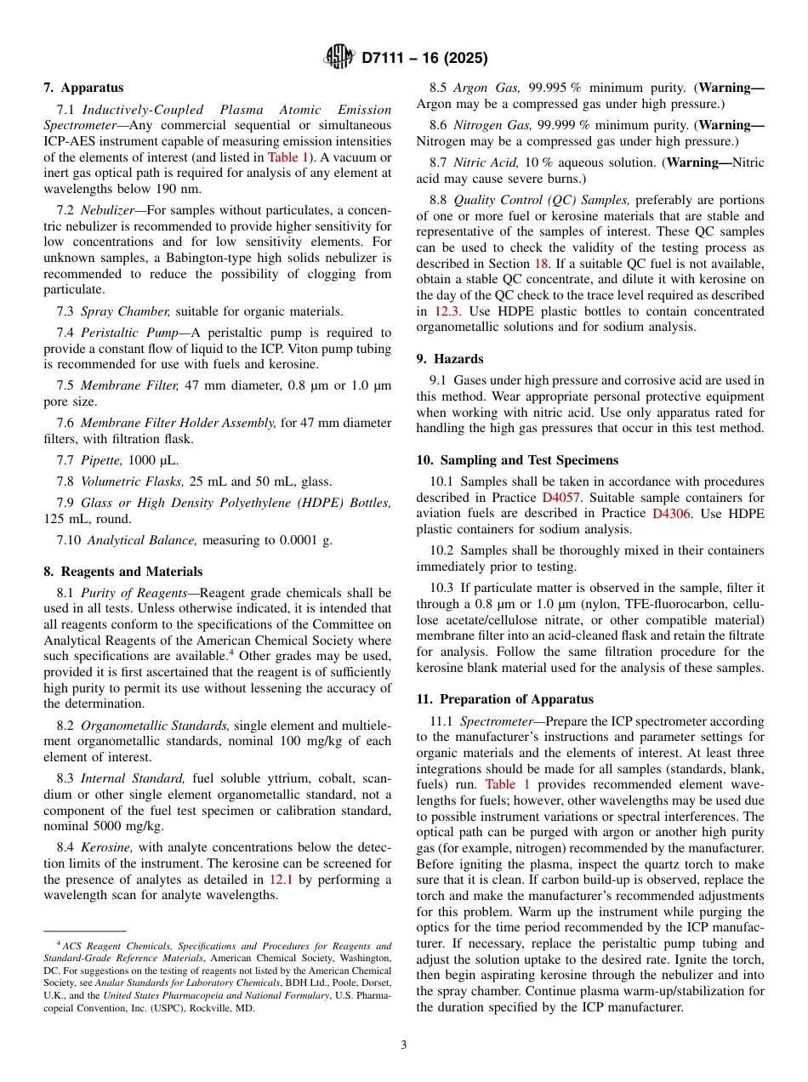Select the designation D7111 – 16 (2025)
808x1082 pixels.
tap(424, 59)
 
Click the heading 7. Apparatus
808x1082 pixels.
tap(83, 88)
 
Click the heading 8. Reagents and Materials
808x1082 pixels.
tap(123, 572)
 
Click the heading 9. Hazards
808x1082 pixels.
tap(449, 359)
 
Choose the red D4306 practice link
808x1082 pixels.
tap(671, 513)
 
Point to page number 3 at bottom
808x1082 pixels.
tap(403, 1045)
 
